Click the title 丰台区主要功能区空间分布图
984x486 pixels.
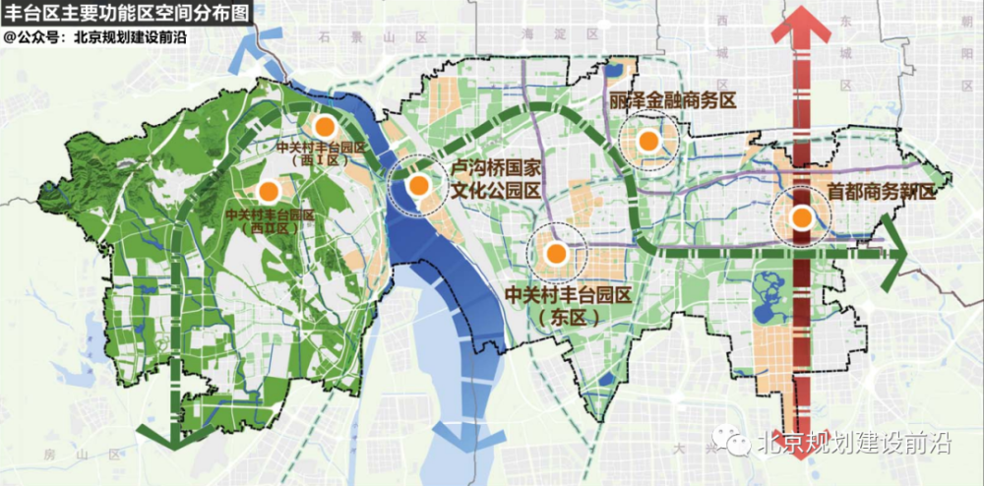click(x=127, y=14)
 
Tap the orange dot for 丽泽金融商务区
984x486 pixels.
click(x=647, y=142)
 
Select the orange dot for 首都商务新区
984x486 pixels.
click(x=802, y=217)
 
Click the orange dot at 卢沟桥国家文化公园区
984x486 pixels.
click(x=418, y=184)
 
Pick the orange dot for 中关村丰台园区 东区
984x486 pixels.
click(x=556, y=253)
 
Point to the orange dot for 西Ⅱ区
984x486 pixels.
click(x=266, y=191)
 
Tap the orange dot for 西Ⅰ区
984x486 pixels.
click(x=324, y=127)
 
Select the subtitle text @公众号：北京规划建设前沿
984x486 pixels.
click(x=95, y=36)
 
